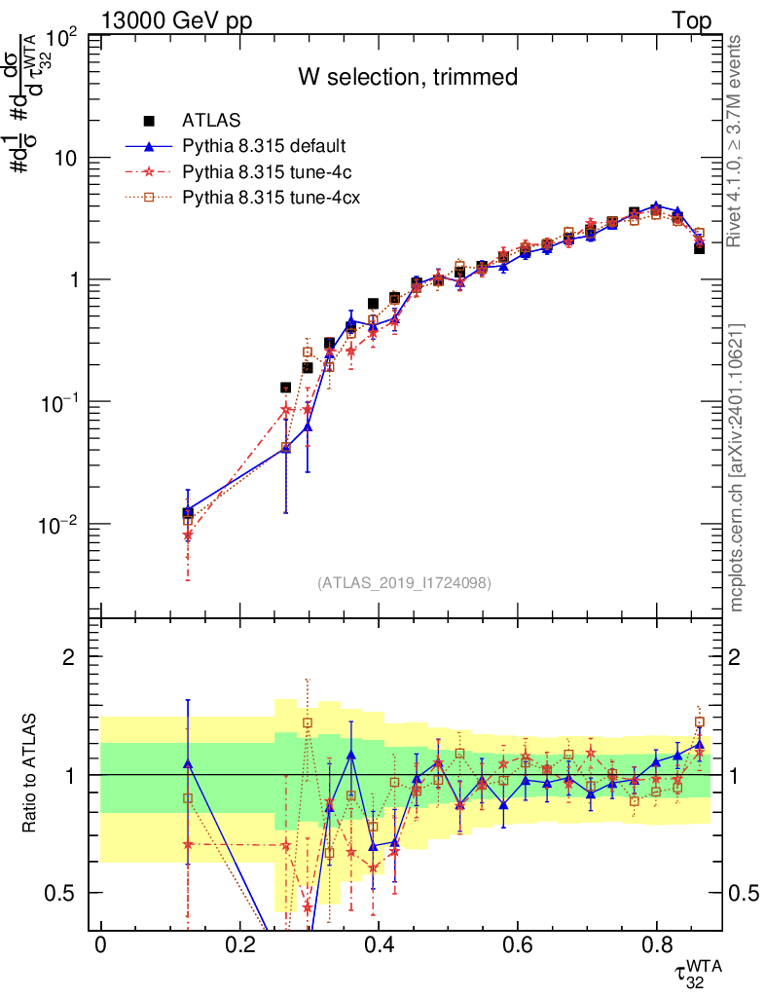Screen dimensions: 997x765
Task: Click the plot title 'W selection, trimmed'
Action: [407, 77]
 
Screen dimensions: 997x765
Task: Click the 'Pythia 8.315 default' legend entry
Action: [264, 146]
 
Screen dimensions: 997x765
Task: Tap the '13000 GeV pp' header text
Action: [175, 21]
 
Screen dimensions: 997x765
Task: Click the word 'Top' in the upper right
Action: [690, 21]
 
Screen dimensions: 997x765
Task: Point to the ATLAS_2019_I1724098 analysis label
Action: [404, 583]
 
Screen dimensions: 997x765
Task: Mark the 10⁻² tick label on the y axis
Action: [61, 525]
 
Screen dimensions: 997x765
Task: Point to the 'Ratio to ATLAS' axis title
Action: [31, 774]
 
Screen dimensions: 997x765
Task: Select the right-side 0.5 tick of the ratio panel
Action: [742, 893]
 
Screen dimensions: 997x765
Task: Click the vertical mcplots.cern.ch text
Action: [737, 467]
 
